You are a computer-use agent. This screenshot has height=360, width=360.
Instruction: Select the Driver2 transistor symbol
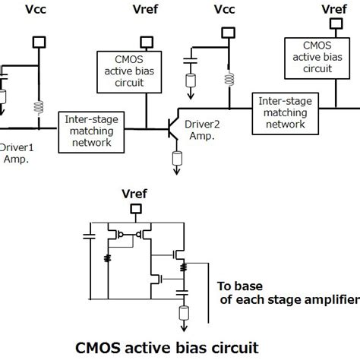pyautogui.click(x=174, y=130)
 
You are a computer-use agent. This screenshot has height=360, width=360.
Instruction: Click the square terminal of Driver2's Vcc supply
pyautogui.click(x=226, y=32)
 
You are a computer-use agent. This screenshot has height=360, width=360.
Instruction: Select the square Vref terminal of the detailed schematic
pyautogui.click(x=135, y=210)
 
